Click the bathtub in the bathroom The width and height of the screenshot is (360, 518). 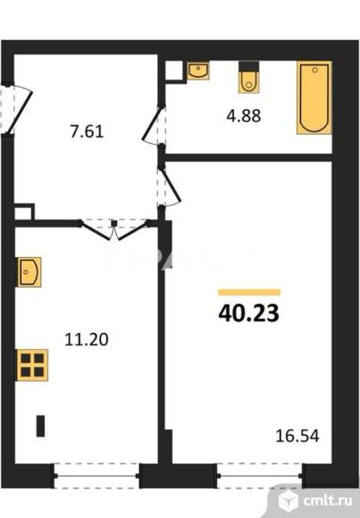313,97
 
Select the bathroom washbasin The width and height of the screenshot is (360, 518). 198,71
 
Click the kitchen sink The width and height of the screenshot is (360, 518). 29,272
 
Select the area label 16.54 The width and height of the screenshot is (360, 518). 297,438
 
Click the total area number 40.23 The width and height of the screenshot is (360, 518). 249,313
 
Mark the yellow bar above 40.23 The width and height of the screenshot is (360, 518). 249,292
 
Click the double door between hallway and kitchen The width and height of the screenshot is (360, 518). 114,230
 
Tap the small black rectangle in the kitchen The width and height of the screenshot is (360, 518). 40,424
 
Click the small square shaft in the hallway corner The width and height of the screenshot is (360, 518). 24,213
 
